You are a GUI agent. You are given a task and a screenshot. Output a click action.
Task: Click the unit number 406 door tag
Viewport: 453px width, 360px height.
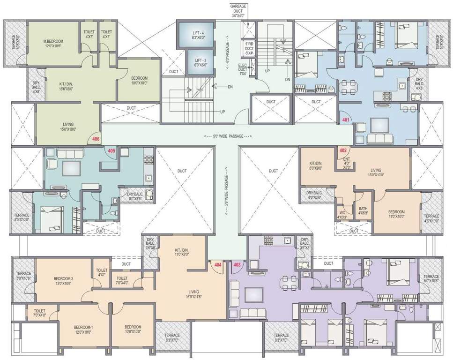point(96,139)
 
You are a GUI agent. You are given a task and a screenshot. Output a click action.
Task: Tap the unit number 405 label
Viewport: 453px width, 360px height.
point(111,151)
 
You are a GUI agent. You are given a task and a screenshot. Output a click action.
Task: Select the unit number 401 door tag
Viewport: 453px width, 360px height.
point(346,120)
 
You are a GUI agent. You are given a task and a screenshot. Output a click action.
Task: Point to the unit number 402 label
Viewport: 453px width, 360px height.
point(343,150)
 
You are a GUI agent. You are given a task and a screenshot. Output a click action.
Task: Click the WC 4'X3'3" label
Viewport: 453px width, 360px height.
point(343,215)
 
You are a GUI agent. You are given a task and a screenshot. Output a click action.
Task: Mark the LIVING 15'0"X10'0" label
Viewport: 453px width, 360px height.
point(68,127)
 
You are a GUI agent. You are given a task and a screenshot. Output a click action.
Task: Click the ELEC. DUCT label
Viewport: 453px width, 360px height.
point(243,68)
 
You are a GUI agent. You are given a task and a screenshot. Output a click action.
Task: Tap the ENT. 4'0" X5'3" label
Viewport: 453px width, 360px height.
point(347,163)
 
